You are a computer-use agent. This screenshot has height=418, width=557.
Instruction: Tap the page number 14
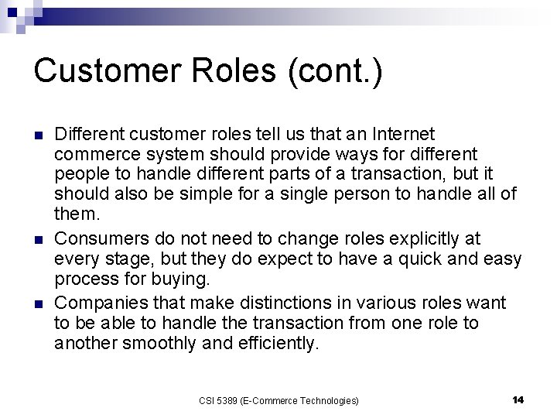518,399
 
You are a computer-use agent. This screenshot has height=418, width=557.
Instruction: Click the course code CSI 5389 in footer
220,400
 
